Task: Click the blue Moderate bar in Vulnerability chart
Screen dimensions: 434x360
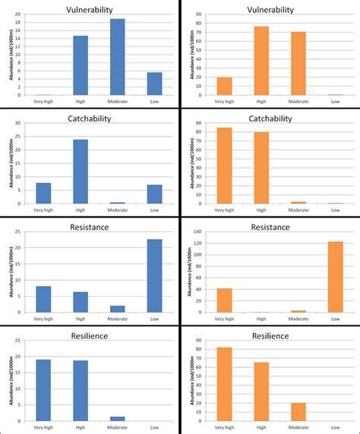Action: pos(118,58)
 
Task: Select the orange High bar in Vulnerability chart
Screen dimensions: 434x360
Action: pos(261,61)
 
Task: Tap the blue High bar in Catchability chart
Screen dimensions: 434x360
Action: pos(81,171)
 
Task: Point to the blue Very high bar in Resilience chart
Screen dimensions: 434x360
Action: pos(43,390)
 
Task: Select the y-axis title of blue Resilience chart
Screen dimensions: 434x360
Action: pos(11,384)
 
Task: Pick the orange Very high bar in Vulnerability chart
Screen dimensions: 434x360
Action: pos(224,86)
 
